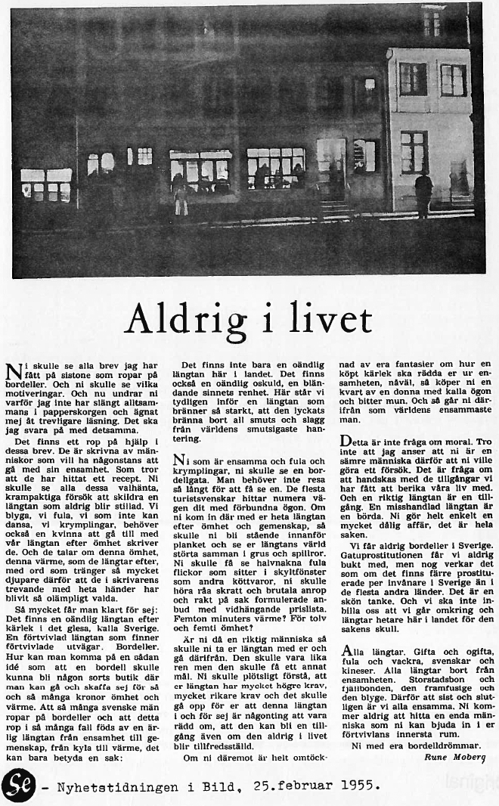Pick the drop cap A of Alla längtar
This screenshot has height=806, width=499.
tap(346, 653)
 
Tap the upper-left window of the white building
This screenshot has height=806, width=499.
tap(413, 79)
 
